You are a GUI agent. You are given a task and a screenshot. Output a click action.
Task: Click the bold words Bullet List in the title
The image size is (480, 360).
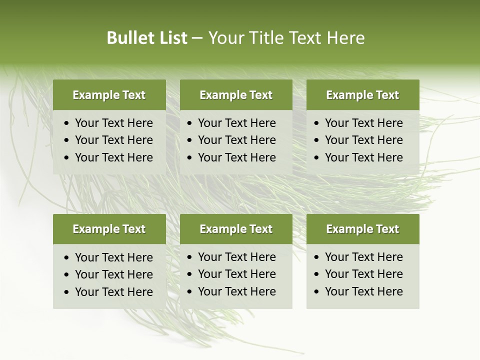(147, 38)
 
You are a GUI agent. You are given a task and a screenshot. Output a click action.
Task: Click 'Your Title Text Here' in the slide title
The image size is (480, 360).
(286, 38)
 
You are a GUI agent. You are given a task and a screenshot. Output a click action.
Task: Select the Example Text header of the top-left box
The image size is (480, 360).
(109, 95)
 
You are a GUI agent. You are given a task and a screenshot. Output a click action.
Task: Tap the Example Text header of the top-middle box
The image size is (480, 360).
(236, 95)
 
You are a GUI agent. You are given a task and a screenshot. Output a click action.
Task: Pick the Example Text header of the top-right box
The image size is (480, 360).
(362, 95)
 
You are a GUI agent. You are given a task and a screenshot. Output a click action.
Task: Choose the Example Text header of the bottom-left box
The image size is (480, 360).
(109, 229)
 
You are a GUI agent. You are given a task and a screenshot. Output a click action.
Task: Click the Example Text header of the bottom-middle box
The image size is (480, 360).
(236, 229)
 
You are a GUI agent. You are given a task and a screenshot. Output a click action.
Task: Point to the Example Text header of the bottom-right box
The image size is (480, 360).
(362, 229)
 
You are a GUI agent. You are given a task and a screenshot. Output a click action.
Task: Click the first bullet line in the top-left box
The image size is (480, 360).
(114, 123)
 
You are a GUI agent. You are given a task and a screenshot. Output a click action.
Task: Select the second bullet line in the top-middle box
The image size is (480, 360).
(237, 140)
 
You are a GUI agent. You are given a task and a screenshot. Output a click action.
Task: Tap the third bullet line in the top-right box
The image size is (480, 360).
(364, 157)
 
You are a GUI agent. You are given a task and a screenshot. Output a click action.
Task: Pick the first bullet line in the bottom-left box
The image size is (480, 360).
(114, 257)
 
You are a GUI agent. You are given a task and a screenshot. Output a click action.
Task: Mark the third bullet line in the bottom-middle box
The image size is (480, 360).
(237, 291)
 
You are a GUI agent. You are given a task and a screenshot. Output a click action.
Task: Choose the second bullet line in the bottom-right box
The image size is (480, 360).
(364, 274)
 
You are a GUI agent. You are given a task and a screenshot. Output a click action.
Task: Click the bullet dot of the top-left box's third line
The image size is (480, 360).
(67, 158)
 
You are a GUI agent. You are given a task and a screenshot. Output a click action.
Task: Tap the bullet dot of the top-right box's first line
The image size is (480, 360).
(317, 123)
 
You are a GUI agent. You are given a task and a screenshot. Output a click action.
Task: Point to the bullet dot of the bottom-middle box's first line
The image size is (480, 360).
(190, 257)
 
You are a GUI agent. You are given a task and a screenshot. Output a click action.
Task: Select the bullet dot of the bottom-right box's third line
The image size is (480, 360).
(317, 292)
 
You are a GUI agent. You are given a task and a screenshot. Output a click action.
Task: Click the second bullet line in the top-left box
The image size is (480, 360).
(114, 140)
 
